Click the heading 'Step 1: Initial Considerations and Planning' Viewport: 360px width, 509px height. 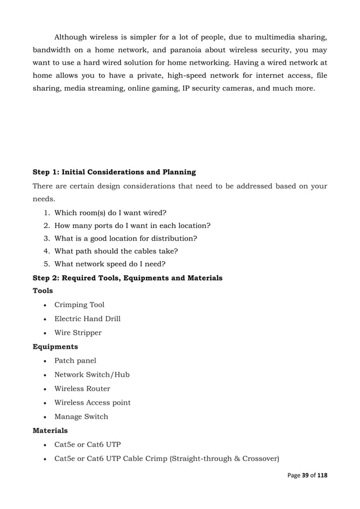(115, 172)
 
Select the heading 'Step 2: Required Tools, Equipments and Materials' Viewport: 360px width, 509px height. (128, 278)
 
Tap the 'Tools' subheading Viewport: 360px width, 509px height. (43, 291)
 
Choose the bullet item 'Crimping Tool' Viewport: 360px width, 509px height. (79, 305)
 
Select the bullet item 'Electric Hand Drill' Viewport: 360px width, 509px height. (87, 319)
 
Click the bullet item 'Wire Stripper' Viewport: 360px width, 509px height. (78, 333)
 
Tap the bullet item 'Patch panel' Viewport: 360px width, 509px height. (75, 361)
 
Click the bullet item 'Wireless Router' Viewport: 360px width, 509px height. (82, 389)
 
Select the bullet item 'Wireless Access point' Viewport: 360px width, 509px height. (92, 402)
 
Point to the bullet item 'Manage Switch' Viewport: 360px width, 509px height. (81, 416)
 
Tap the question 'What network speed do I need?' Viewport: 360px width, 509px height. (109, 264)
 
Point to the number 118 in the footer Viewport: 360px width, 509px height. (322, 475)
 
